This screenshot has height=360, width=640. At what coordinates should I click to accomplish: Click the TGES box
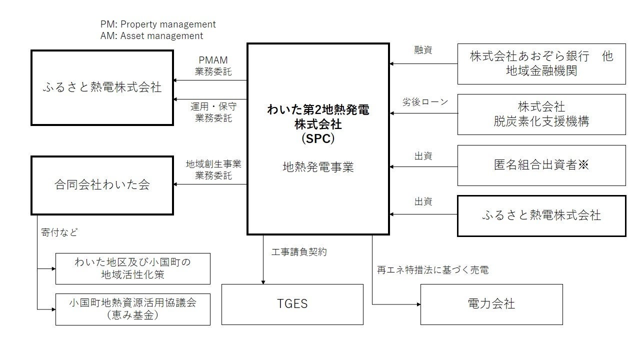click(x=292, y=304)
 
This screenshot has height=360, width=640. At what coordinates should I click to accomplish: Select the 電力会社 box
click(x=491, y=304)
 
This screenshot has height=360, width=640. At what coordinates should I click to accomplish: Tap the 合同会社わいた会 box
click(x=102, y=185)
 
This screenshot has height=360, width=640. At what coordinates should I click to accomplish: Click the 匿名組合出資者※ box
click(x=541, y=165)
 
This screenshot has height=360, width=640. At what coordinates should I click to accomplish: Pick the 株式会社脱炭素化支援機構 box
click(x=541, y=114)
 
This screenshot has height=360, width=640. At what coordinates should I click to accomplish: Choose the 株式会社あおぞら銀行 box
click(x=541, y=63)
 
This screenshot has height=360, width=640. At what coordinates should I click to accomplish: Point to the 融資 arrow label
click(x=423, y=50)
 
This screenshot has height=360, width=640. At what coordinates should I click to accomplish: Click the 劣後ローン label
click(x=425, y=102)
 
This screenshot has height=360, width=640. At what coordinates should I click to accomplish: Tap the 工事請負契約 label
click(x=299, y=252)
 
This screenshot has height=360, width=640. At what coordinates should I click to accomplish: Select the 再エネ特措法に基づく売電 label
click(x=432, y=270)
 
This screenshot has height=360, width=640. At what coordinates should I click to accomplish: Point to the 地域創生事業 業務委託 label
click(x=213, y=169)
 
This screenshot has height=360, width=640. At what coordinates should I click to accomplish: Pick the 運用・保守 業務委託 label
click(x=213, y=112)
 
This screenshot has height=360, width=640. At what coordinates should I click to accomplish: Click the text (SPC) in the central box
click(x=318, y=138)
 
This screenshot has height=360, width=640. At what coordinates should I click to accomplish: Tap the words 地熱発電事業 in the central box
click(x=318, y=167)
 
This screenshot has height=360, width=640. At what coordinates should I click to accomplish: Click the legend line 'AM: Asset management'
click(x=152, y=36)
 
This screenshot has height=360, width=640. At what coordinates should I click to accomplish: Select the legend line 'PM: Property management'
click(x=158, y=24)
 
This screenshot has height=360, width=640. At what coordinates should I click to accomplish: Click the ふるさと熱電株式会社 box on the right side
click(x=541, y=215)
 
